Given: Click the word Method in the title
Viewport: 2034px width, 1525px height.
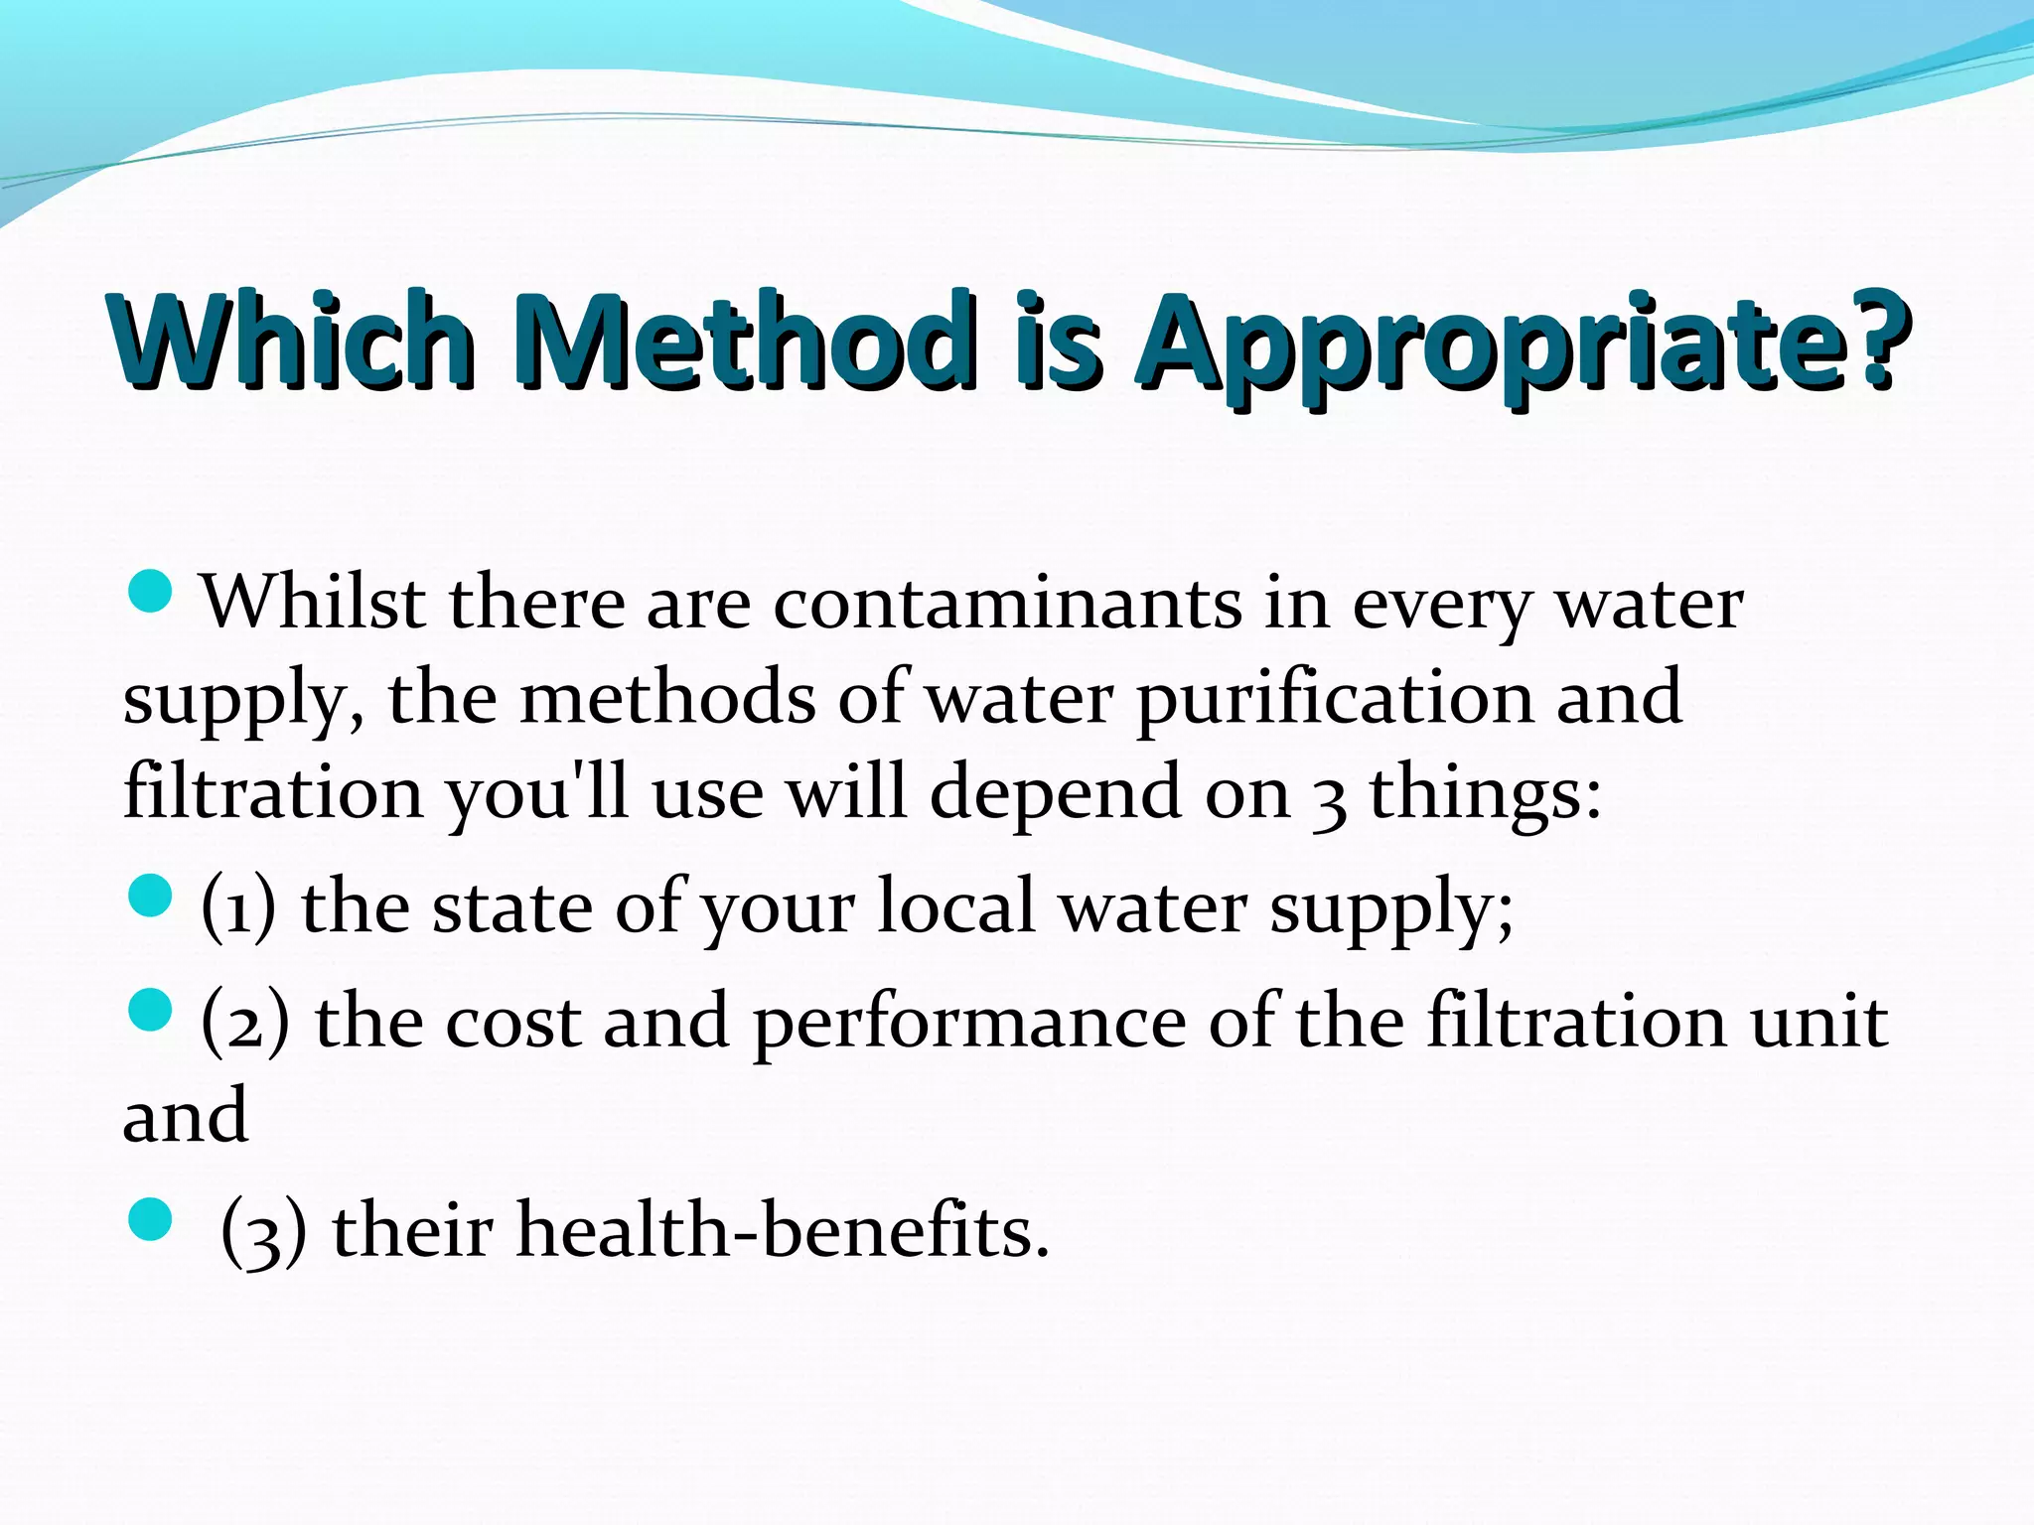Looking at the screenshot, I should click(x=744, y=341).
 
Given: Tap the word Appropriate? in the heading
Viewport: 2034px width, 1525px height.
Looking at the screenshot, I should click(x=1524, y=341).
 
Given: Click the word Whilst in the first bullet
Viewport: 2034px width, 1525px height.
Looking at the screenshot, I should click(x=314, y=603).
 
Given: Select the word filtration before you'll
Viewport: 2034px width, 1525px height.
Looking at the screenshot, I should click(x=273, y=793).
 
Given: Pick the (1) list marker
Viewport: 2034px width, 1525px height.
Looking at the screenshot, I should click(x=238, y=907).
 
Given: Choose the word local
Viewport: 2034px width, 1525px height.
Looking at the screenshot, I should click(x=956, y=905).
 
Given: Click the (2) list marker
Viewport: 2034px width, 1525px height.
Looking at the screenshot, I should click(x=245, y=1022).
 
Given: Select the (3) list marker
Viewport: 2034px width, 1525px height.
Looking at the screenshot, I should click(x=264, y=1231).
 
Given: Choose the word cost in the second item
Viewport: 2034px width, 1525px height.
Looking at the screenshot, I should click(x=512, y=1022).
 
